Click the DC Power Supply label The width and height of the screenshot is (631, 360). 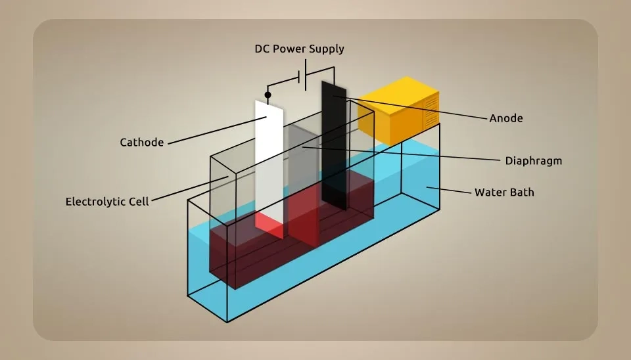click(299, 49)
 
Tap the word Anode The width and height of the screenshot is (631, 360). click(506, 118)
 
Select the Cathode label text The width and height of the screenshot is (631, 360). click(141, 142)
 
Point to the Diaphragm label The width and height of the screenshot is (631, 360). click(533, 160)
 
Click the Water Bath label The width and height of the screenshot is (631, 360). click(504, 192)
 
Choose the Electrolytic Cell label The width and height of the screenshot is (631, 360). click(107, 201)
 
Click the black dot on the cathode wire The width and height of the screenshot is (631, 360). click(268, 95)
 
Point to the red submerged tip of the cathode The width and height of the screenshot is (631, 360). click(269, 225)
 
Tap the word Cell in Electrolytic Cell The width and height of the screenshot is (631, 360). click(139, 201)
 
